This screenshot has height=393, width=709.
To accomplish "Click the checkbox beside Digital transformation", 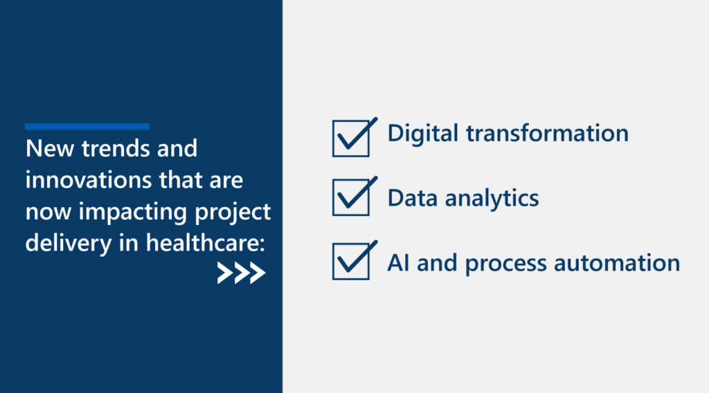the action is coord(351,138).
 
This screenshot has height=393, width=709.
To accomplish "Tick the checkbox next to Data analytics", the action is coord(351,197).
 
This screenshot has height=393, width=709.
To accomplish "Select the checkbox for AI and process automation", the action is coord(351,261).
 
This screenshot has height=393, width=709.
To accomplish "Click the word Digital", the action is coord(423,134).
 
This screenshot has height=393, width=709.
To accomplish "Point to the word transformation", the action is coord(547,134).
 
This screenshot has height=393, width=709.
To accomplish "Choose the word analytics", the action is coord(492,199).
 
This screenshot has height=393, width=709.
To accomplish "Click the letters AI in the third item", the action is coord(398,263).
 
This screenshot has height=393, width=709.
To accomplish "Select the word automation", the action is coord(617,263).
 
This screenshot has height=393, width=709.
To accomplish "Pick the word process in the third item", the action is coord(505,264).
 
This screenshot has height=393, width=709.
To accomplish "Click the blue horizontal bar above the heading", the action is coord(87,127).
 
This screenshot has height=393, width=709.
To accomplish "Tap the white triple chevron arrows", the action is coord(241,273).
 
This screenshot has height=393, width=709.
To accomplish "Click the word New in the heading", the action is coord(50,148).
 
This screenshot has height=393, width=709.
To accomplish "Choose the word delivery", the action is coord(69,244).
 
